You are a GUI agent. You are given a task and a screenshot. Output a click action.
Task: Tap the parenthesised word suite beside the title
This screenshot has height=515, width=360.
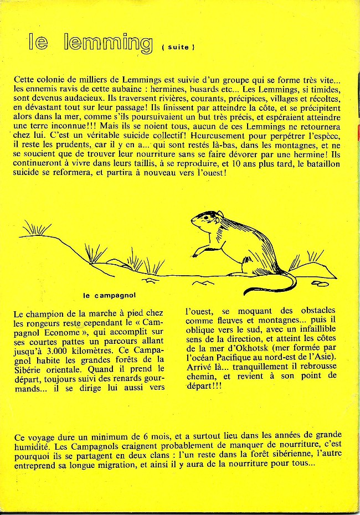[178, 48]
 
